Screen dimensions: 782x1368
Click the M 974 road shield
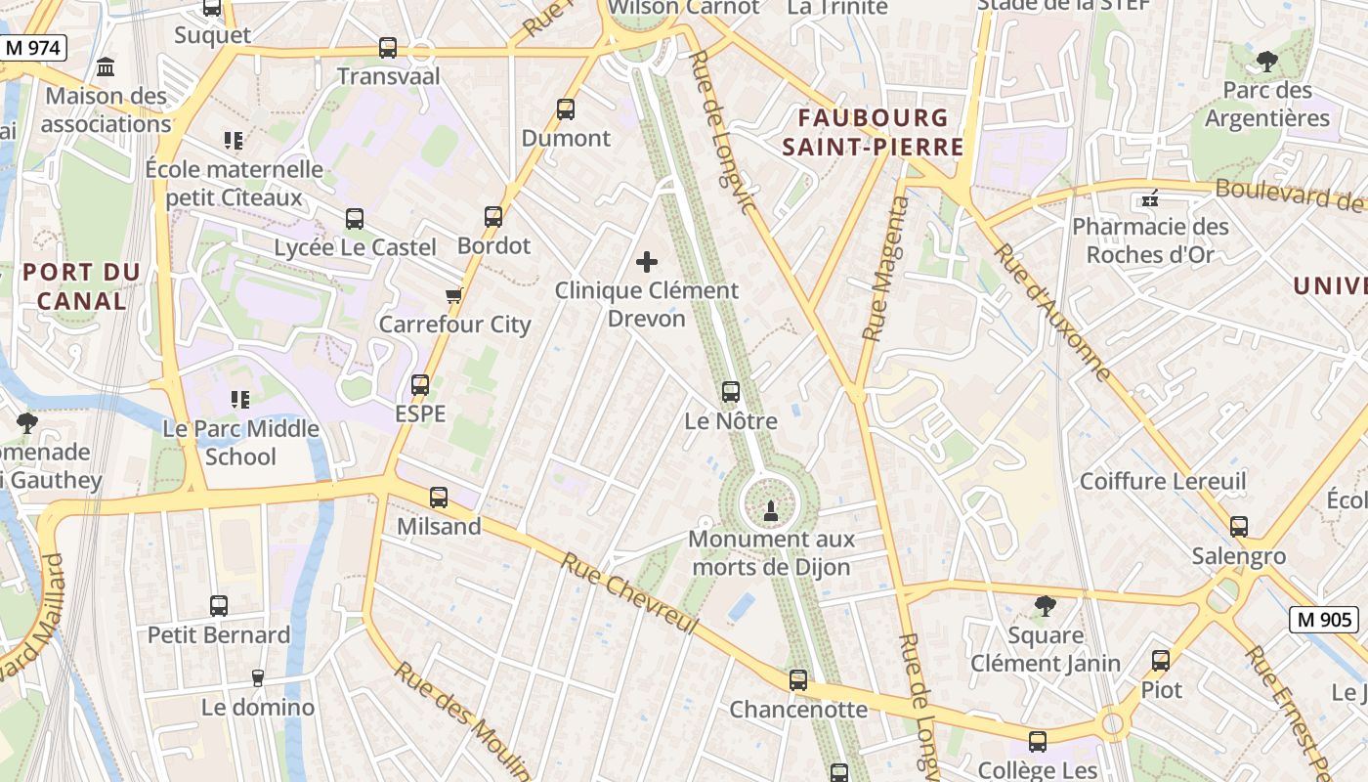32,47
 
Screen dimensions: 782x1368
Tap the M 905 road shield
1324,619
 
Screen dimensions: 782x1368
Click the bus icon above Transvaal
388,47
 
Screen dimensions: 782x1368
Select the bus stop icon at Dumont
566,109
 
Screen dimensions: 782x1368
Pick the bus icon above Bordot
493,217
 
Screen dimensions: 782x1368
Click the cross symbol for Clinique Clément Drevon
647,262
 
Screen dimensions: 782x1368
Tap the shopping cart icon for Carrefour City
453,295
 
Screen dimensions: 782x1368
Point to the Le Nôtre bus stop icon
730,392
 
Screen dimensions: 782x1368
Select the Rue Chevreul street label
631,592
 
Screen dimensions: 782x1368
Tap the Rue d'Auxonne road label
1052,312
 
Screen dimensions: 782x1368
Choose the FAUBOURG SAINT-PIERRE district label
880,133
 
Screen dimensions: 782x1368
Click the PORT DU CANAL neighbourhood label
82,286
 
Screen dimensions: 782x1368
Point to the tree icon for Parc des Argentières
1267,62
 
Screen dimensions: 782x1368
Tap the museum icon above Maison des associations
106,67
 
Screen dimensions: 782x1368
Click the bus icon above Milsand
439,498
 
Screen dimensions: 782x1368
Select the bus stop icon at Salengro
1239,527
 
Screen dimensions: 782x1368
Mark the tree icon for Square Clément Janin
1046,606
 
